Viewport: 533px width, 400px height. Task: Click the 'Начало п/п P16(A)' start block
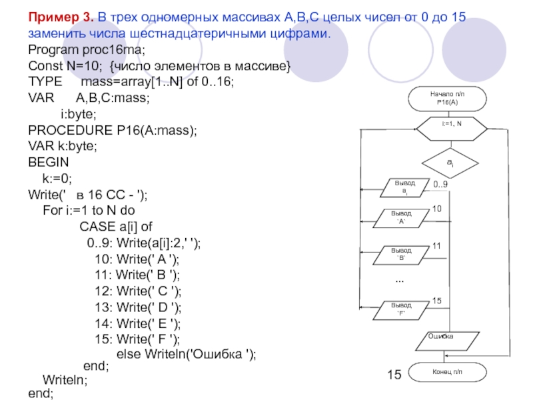coord(447,99)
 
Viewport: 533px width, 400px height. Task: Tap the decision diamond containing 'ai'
coord(450,163)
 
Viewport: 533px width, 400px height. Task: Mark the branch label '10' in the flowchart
coord(437,209)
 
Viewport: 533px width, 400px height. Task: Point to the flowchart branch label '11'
coord(437,246)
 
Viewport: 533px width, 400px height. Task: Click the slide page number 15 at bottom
coord(393,375)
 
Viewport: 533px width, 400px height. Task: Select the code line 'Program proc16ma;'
coord(87,50)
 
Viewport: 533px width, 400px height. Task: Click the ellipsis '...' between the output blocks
coord(400,279)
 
